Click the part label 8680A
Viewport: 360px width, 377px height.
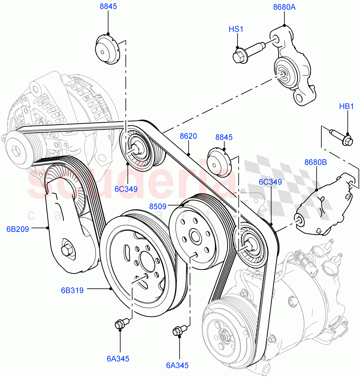tap(284, 7)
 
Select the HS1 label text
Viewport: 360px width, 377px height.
tap(236, 29)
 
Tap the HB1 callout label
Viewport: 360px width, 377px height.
tap(346, 107)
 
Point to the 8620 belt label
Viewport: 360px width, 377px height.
tap(188, 136)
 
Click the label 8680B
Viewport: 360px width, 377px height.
tap(315, 162)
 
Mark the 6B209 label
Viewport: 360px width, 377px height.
tap(18, 229)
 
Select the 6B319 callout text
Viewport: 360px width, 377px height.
tap(72, 290)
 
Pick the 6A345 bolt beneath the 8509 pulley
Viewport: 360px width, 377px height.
tap(178, 331)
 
